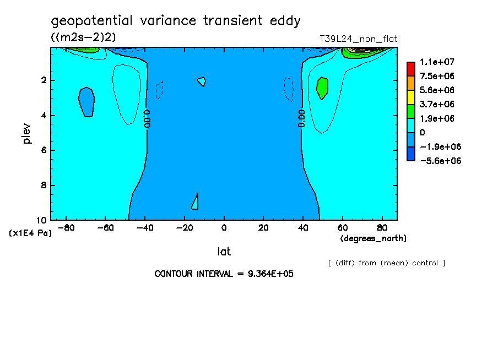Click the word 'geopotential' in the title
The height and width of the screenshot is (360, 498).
pos(91,21)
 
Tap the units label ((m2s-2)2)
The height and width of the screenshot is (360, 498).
pos(83,37)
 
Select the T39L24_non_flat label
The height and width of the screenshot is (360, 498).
pos(358,39)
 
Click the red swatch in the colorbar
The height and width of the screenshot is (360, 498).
pos(410,69)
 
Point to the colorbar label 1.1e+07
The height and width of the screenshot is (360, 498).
pos(437,62)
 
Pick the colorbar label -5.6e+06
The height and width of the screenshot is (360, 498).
pos(440,161)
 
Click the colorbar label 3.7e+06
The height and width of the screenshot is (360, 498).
pos(437,105)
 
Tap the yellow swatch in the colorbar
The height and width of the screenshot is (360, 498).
pos(410,97)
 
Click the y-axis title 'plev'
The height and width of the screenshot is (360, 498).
pos(26,133)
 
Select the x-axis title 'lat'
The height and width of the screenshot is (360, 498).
pos(224,252)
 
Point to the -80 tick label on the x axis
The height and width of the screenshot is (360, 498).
pos(66,228)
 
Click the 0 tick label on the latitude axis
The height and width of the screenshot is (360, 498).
pos(224,228)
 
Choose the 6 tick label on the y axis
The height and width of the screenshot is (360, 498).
pos(44,150)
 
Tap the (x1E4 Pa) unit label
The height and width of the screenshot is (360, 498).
pos(30,233)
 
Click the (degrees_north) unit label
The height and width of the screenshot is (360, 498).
pos(373,238)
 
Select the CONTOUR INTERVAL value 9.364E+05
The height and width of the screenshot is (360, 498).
pos(270,274)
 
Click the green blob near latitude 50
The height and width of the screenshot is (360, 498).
pos(322,88)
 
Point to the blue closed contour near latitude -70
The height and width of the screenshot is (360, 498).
pos(86,102)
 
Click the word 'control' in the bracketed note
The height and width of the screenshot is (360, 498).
pos(425,263)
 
